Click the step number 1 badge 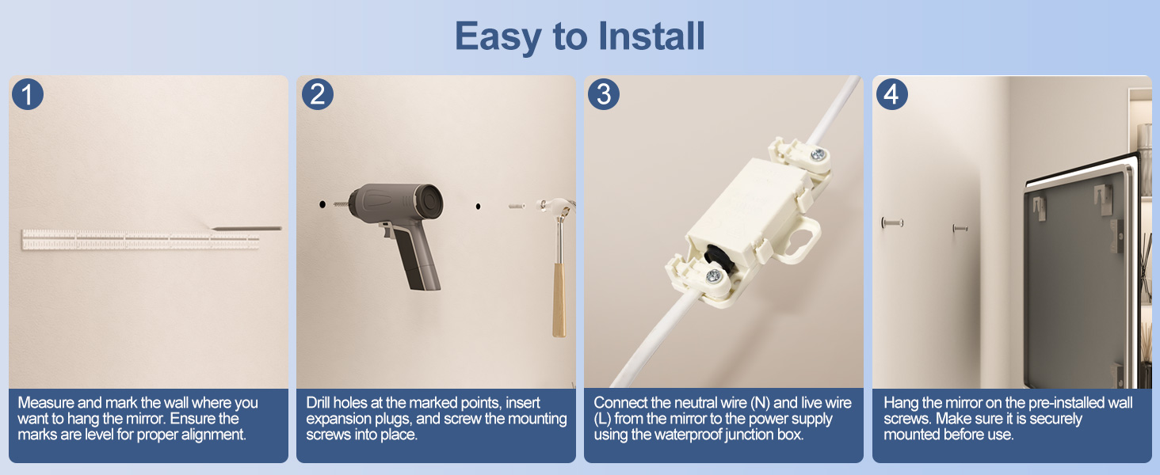[x=28, y=94]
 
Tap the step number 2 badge [x=318, y=94]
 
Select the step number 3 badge [x=604, y=94]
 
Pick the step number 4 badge [x=891, y=94]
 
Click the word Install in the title [x=651, y=36]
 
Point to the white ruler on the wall [x=140, y=240]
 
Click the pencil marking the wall [x=245, y=228]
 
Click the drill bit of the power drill [x=340, y=204]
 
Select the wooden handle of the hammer [x=559, y=300]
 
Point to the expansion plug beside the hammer [x=517, y=206]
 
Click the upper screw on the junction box [x=818, y=154]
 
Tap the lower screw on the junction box [x=713, y=276]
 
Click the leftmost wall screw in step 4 [x=892, y=223]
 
